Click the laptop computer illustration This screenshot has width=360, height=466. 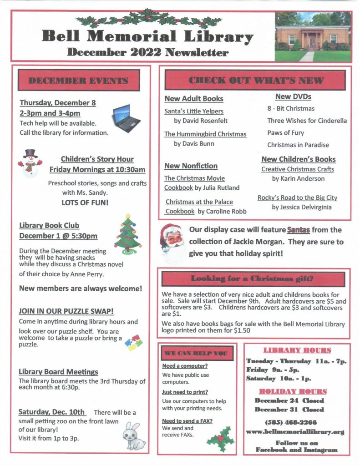pyautogui.click(x=126, y=117)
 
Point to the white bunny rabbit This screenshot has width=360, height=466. pyautogui.click(x=134, y=437)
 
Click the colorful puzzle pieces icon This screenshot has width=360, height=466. pyautogui.click(x=135, y=342)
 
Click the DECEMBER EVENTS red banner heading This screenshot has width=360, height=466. pyautogui.click(x=79, y=81)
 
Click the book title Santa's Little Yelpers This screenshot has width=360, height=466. pyautogui.click(x=194, y=111)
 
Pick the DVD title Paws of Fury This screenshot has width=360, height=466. pyautogui.click(x=285, y=133)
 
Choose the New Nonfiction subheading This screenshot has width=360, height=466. pyautogui.click(x=191, y=166)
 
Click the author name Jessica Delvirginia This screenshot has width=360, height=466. pyautogui.click(x=302, y=207)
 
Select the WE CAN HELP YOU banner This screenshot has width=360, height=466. pyautogui.click(x=197, y=353)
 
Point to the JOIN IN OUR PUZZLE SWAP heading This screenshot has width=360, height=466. pyautogui.click(x=66, y=311)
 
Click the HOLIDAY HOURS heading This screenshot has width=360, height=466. pyautogui.click(x=293, y=391)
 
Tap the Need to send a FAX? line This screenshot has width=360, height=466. pyautogui.click(x=187, y=421)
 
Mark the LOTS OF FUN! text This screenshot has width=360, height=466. pyautogui.click(x=85, y=202)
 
